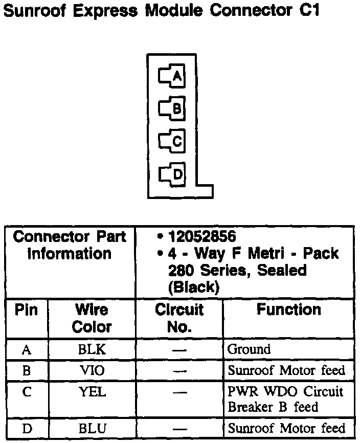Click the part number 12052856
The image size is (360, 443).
click(x=202, y=237)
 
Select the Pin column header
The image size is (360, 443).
click(x=26, y=311)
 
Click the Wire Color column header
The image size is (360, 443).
click(x=92, y=318)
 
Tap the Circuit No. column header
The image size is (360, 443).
click(x=179, y=318)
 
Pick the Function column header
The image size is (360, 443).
click(x=288, y=310)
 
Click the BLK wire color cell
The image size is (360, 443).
click(x=92, y=350)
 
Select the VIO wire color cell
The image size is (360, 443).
click(x=92, y=370)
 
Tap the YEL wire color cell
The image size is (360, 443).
click(x=92, y=392)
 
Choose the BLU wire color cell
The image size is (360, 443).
click(x=92, y=429)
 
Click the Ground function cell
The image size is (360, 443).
click(x=249, y=350)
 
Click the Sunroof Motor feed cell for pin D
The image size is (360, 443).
click(x=286, y=429)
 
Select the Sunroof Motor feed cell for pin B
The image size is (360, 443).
click(x=286, y=370)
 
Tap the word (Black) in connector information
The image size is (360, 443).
click(x=193, y=287)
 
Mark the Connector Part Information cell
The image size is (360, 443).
click(x=70, y=246)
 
